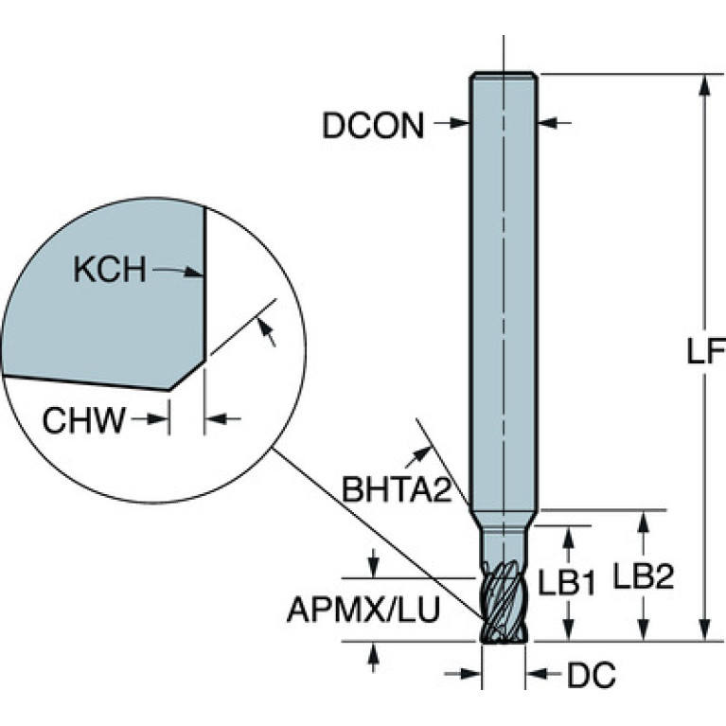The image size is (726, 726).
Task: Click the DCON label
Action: point(373,126)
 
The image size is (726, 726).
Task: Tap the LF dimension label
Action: point(705,351)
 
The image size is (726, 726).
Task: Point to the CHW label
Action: point(84,420)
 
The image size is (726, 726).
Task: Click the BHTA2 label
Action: point(397,489)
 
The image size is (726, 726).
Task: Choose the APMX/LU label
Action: point(363,610)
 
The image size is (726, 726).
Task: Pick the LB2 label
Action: point(644,576)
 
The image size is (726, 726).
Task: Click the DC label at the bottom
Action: point(592,675)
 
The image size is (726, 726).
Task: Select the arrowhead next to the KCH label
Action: point(193,272)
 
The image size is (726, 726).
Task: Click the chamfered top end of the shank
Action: point(504,76)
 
